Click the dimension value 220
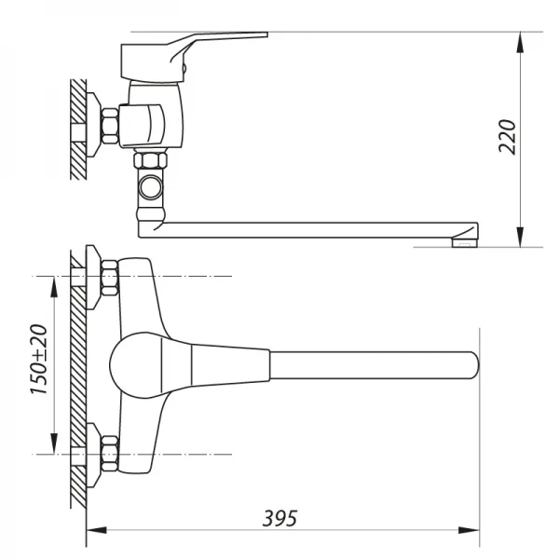(506, 137)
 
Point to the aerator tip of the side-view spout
(462, 243)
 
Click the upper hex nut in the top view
(107, 277)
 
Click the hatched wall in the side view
(75, 129)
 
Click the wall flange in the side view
(92, 122)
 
